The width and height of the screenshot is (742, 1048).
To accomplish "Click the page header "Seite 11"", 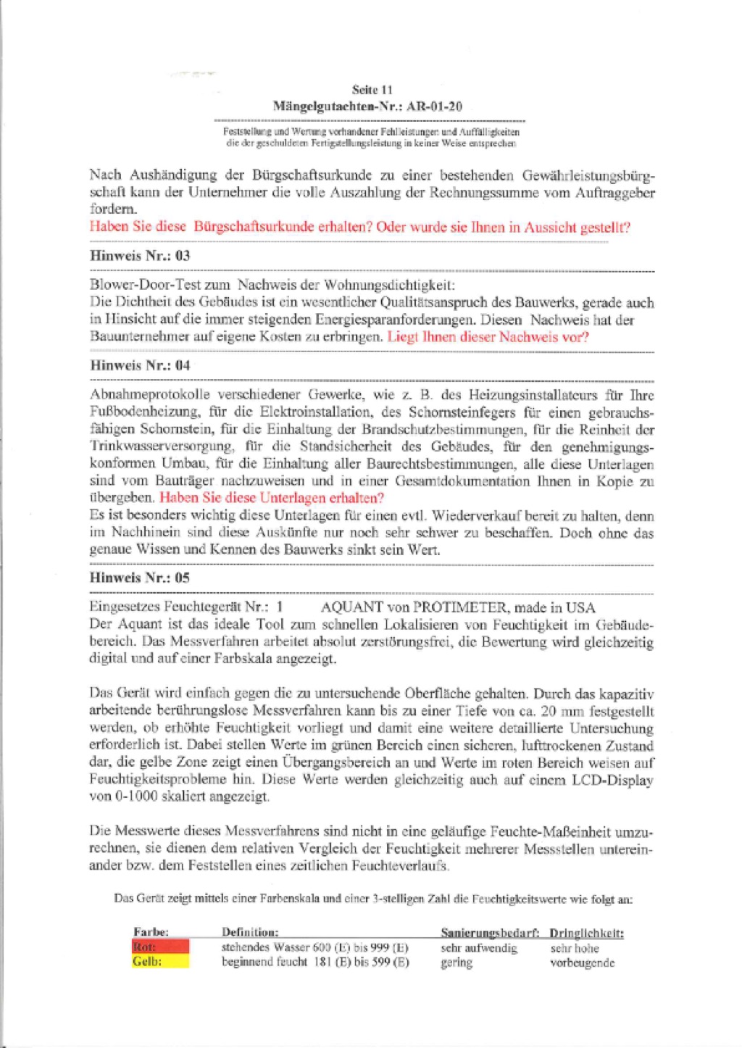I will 372,90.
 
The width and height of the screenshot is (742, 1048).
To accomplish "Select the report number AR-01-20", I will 434,107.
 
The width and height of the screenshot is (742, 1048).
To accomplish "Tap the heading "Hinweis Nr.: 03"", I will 140,256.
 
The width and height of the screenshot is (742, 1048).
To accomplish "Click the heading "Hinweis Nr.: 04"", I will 140,365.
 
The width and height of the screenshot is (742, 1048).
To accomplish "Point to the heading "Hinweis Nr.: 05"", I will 140,578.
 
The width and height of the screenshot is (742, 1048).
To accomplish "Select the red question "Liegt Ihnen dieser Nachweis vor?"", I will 488,337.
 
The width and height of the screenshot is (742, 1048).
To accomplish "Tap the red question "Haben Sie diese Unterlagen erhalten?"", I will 272,498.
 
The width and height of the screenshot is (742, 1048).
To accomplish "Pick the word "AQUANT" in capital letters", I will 351,607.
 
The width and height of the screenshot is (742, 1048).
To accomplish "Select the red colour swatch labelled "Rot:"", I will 160,947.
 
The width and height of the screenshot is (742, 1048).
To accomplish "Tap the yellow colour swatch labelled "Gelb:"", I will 160,962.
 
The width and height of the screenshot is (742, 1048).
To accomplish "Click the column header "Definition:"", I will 250,933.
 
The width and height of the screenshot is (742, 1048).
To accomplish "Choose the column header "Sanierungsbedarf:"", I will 490,933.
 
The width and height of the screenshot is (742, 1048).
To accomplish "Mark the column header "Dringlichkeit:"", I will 586,933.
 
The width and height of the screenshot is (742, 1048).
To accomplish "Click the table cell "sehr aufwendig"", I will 479,948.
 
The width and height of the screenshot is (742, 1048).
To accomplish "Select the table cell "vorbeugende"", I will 583,962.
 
